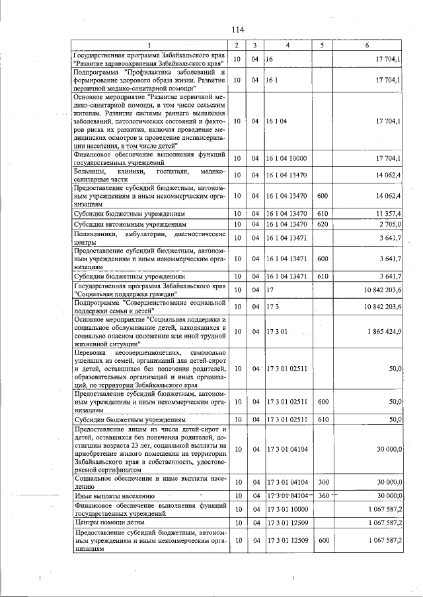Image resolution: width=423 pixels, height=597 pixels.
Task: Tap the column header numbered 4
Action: point(288,45)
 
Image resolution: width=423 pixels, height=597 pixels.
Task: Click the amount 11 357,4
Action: point(388,214)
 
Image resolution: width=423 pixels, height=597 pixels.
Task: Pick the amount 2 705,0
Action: point(389,225)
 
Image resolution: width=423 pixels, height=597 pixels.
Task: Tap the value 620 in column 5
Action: point(323,225)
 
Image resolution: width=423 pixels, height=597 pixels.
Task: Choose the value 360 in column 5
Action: point(323,495)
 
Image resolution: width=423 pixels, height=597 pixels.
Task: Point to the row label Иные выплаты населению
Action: point(115,495)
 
